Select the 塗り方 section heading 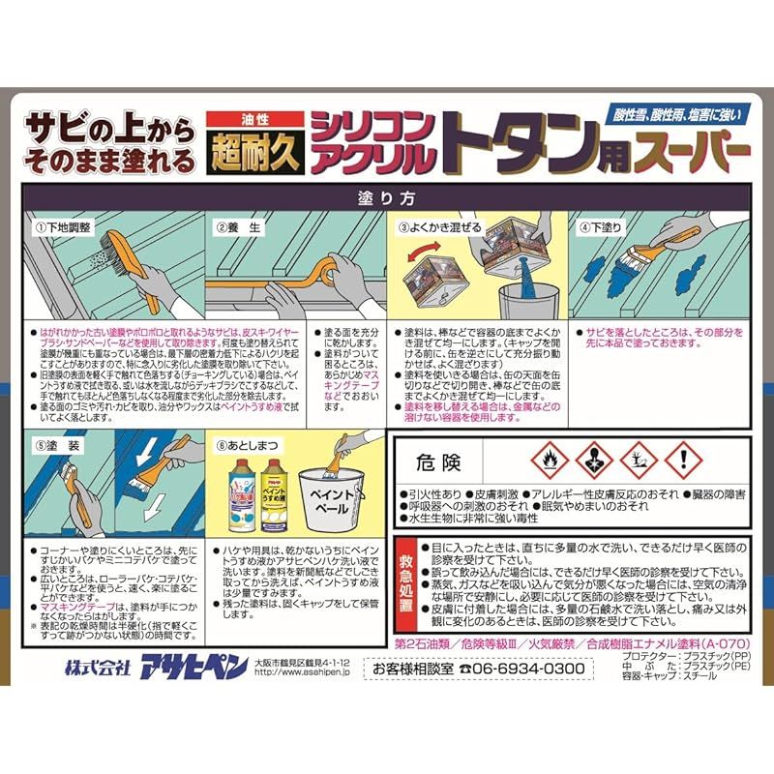coord(386,197)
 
